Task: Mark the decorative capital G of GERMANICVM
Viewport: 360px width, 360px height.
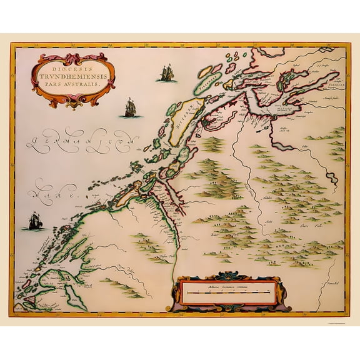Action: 32,142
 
